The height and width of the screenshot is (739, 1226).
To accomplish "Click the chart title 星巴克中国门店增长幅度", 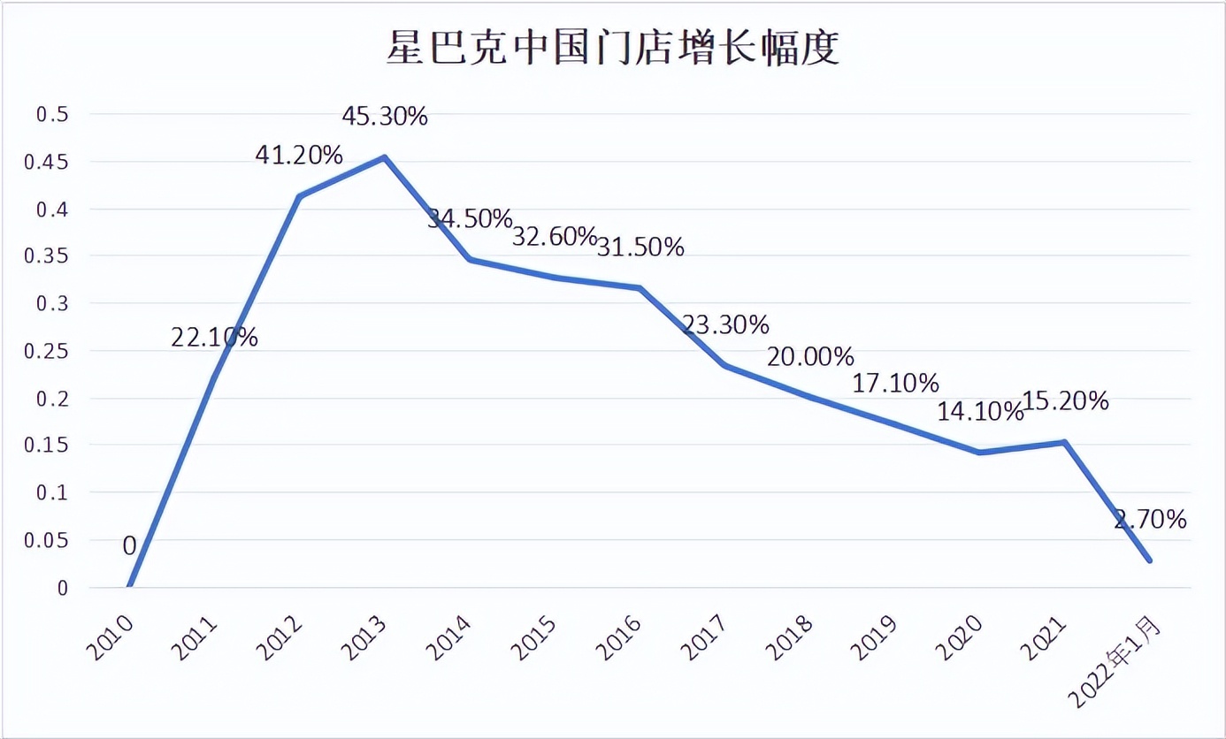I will click(612, 48).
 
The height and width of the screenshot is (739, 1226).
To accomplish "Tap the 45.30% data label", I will click(385, 116).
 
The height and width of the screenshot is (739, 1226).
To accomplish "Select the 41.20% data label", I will click(299, 156).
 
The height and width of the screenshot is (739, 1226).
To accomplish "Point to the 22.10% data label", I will click(214, 337).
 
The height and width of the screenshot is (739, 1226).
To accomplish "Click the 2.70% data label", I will click(1151, 520).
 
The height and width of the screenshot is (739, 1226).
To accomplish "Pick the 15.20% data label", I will click(1065, 401).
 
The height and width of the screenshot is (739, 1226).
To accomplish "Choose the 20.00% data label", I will click(810, 357).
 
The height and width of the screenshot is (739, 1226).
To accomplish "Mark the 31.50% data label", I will click(640, 248).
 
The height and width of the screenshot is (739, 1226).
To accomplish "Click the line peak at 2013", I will click(385, 157).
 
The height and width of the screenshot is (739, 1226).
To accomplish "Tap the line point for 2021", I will click(1065, 442).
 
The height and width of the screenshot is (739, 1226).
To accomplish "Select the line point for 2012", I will click(299, 196).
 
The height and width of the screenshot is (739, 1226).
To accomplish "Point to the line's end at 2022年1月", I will click(1150, 560).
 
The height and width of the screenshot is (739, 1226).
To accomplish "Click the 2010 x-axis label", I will click(110, 638).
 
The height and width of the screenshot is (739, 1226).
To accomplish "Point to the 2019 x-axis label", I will click(874, 638).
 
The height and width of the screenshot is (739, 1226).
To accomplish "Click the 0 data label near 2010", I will click(129, 546).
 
